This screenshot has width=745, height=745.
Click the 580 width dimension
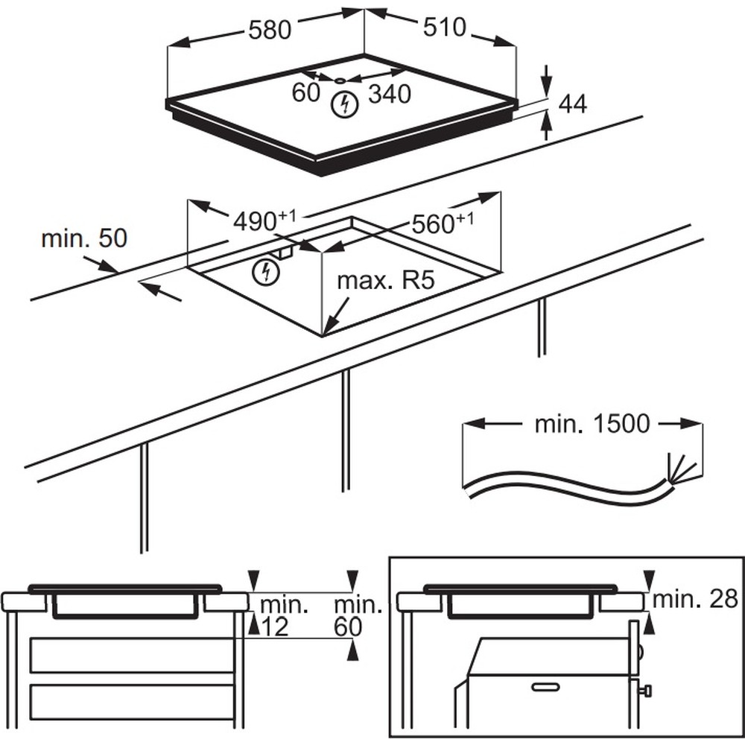[270, 31]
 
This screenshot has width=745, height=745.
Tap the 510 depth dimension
[445, 27]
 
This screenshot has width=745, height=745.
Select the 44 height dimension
[572, 104]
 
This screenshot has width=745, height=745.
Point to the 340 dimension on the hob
[390, 94]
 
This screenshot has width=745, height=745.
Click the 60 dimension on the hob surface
[306, 92]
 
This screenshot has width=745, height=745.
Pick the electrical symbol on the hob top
[344, 105]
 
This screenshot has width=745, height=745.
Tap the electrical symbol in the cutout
[266, 272]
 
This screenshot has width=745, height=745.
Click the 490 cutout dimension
[264, 221]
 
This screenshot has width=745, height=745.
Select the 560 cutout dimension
[443, 223]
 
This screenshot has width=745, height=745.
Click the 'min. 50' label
[84, 238]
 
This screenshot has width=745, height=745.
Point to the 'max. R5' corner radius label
[386, 280]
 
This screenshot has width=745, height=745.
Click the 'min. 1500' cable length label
[592, 423]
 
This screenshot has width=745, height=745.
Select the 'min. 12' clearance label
[283, 616]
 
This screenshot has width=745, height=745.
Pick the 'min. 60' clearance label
[358, 616]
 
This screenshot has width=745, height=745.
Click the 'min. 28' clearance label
[694, 600]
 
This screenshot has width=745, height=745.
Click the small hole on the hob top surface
[340, 80]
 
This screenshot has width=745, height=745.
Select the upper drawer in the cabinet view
[132, 655]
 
